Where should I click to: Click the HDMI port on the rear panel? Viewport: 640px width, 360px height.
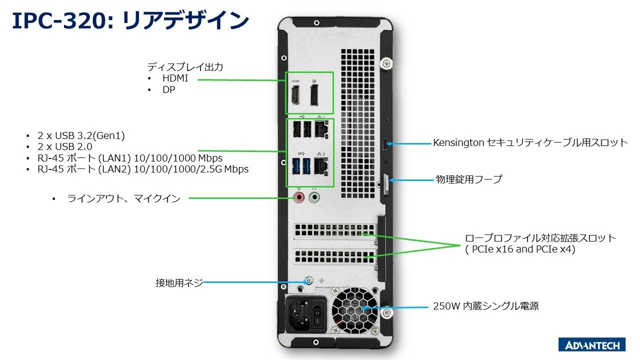point(295,95)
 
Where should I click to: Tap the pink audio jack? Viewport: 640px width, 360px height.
point(299,197)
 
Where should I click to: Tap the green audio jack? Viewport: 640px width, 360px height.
point(314,197)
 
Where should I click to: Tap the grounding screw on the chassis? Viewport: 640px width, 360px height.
point(308,282)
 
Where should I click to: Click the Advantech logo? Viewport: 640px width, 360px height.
point(591,345)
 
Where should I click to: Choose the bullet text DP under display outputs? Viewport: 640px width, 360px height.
point(168,90)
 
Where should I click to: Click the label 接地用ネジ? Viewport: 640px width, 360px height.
point(179,283)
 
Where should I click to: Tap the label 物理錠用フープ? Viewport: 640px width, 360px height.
point(468,179)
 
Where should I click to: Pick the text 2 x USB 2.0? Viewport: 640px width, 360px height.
point(65,147)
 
